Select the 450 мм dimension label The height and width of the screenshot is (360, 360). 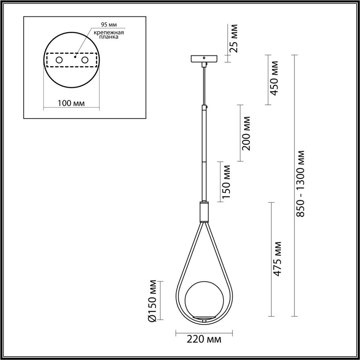point(274,78)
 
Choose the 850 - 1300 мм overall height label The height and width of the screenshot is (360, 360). point(301,184)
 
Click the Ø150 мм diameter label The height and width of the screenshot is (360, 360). point(153,301)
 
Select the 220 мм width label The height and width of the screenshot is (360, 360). point(204,340)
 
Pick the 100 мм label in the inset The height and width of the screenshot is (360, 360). point(71,103)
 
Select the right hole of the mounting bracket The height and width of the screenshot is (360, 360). point(85,60)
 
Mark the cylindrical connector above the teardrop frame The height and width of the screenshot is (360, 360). point(204,211)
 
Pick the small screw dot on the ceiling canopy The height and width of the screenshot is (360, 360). point(204,57)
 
